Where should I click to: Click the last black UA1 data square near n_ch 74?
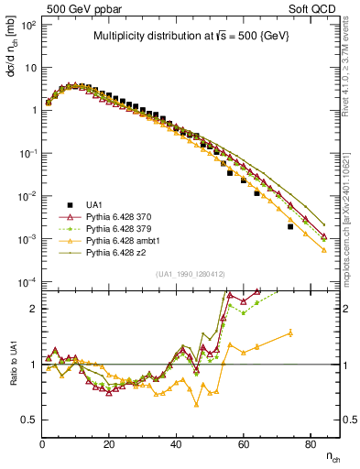pyautogui.click(x=290, y=226)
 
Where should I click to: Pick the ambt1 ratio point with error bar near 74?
pyautogui.click(x=290, y=333)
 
